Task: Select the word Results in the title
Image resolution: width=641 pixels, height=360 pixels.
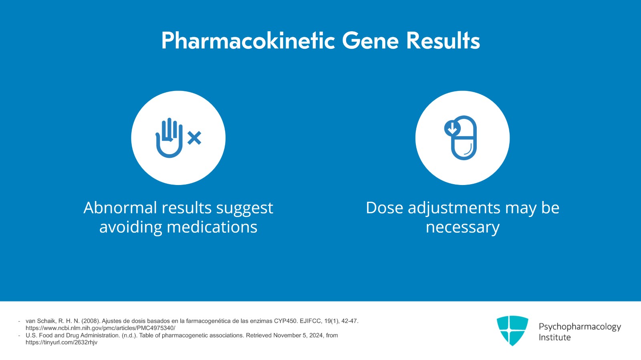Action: [443, 41]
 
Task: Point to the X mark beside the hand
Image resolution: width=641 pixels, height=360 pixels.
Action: [194, 138]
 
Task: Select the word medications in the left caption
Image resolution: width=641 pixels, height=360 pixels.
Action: [212, 227]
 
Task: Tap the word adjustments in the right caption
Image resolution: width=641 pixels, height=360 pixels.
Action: [454, 208]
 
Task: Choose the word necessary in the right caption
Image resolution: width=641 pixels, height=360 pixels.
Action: [462, 227]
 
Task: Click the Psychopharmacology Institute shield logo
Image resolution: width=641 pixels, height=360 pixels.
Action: [512, 330]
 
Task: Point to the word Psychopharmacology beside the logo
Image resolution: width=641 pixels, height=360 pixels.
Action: [580, 327]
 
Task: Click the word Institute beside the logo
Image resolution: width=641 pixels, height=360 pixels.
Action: [554, 338]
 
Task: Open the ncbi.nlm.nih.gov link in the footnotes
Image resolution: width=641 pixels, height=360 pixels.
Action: [100, 328]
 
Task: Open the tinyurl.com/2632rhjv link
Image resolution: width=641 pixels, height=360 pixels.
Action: [61, 342]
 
